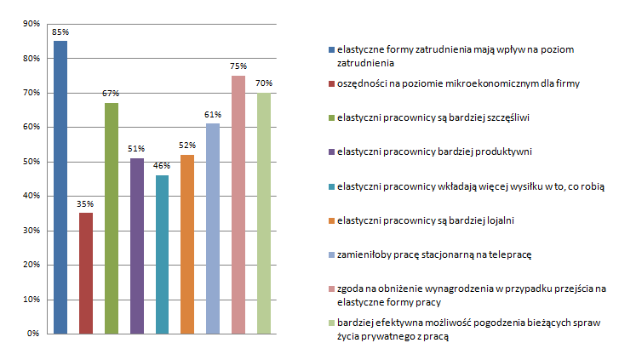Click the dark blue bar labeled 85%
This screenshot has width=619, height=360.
[x=60, y=187]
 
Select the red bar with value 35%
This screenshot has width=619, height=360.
[x=86, y=273]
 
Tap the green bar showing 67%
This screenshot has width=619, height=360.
[x=112, y=218]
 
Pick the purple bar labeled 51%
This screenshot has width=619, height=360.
[x=137, y=246]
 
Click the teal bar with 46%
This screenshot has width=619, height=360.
[x=163, y=254]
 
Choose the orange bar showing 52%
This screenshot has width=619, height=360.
[x=187, y=244]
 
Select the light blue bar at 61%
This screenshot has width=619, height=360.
[x=213, y=228]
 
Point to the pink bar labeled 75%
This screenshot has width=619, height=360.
[x=238, y=204]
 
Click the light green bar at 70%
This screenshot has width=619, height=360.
[x=264, y=213]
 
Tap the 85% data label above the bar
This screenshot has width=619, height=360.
[x=60, y=32]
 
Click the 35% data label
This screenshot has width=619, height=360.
[x=86, y=204]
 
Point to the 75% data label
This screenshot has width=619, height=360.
[x=238, y=66]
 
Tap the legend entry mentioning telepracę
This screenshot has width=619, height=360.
[x=439, y=255]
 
